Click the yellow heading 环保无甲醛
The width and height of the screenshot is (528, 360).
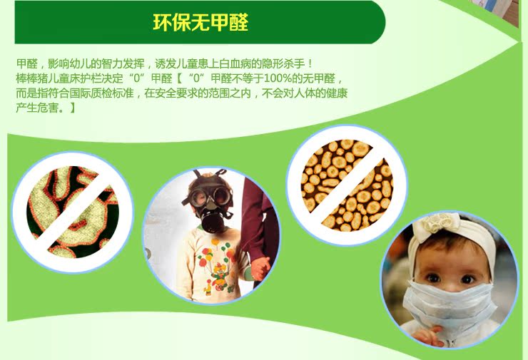[x=200, y=23]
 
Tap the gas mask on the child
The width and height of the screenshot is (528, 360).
[x=210, y=202]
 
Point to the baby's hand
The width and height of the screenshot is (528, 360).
[x=427, y=336]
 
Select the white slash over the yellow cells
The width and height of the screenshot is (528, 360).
[x=347, y=185]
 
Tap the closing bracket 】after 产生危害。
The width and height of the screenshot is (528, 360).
[x=71, y=108]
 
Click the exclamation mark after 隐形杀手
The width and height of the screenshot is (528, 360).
[x=310, y=63]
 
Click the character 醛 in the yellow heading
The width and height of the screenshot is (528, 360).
[x=239, y=23]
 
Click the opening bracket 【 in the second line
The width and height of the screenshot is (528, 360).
[x=179, y=78]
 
